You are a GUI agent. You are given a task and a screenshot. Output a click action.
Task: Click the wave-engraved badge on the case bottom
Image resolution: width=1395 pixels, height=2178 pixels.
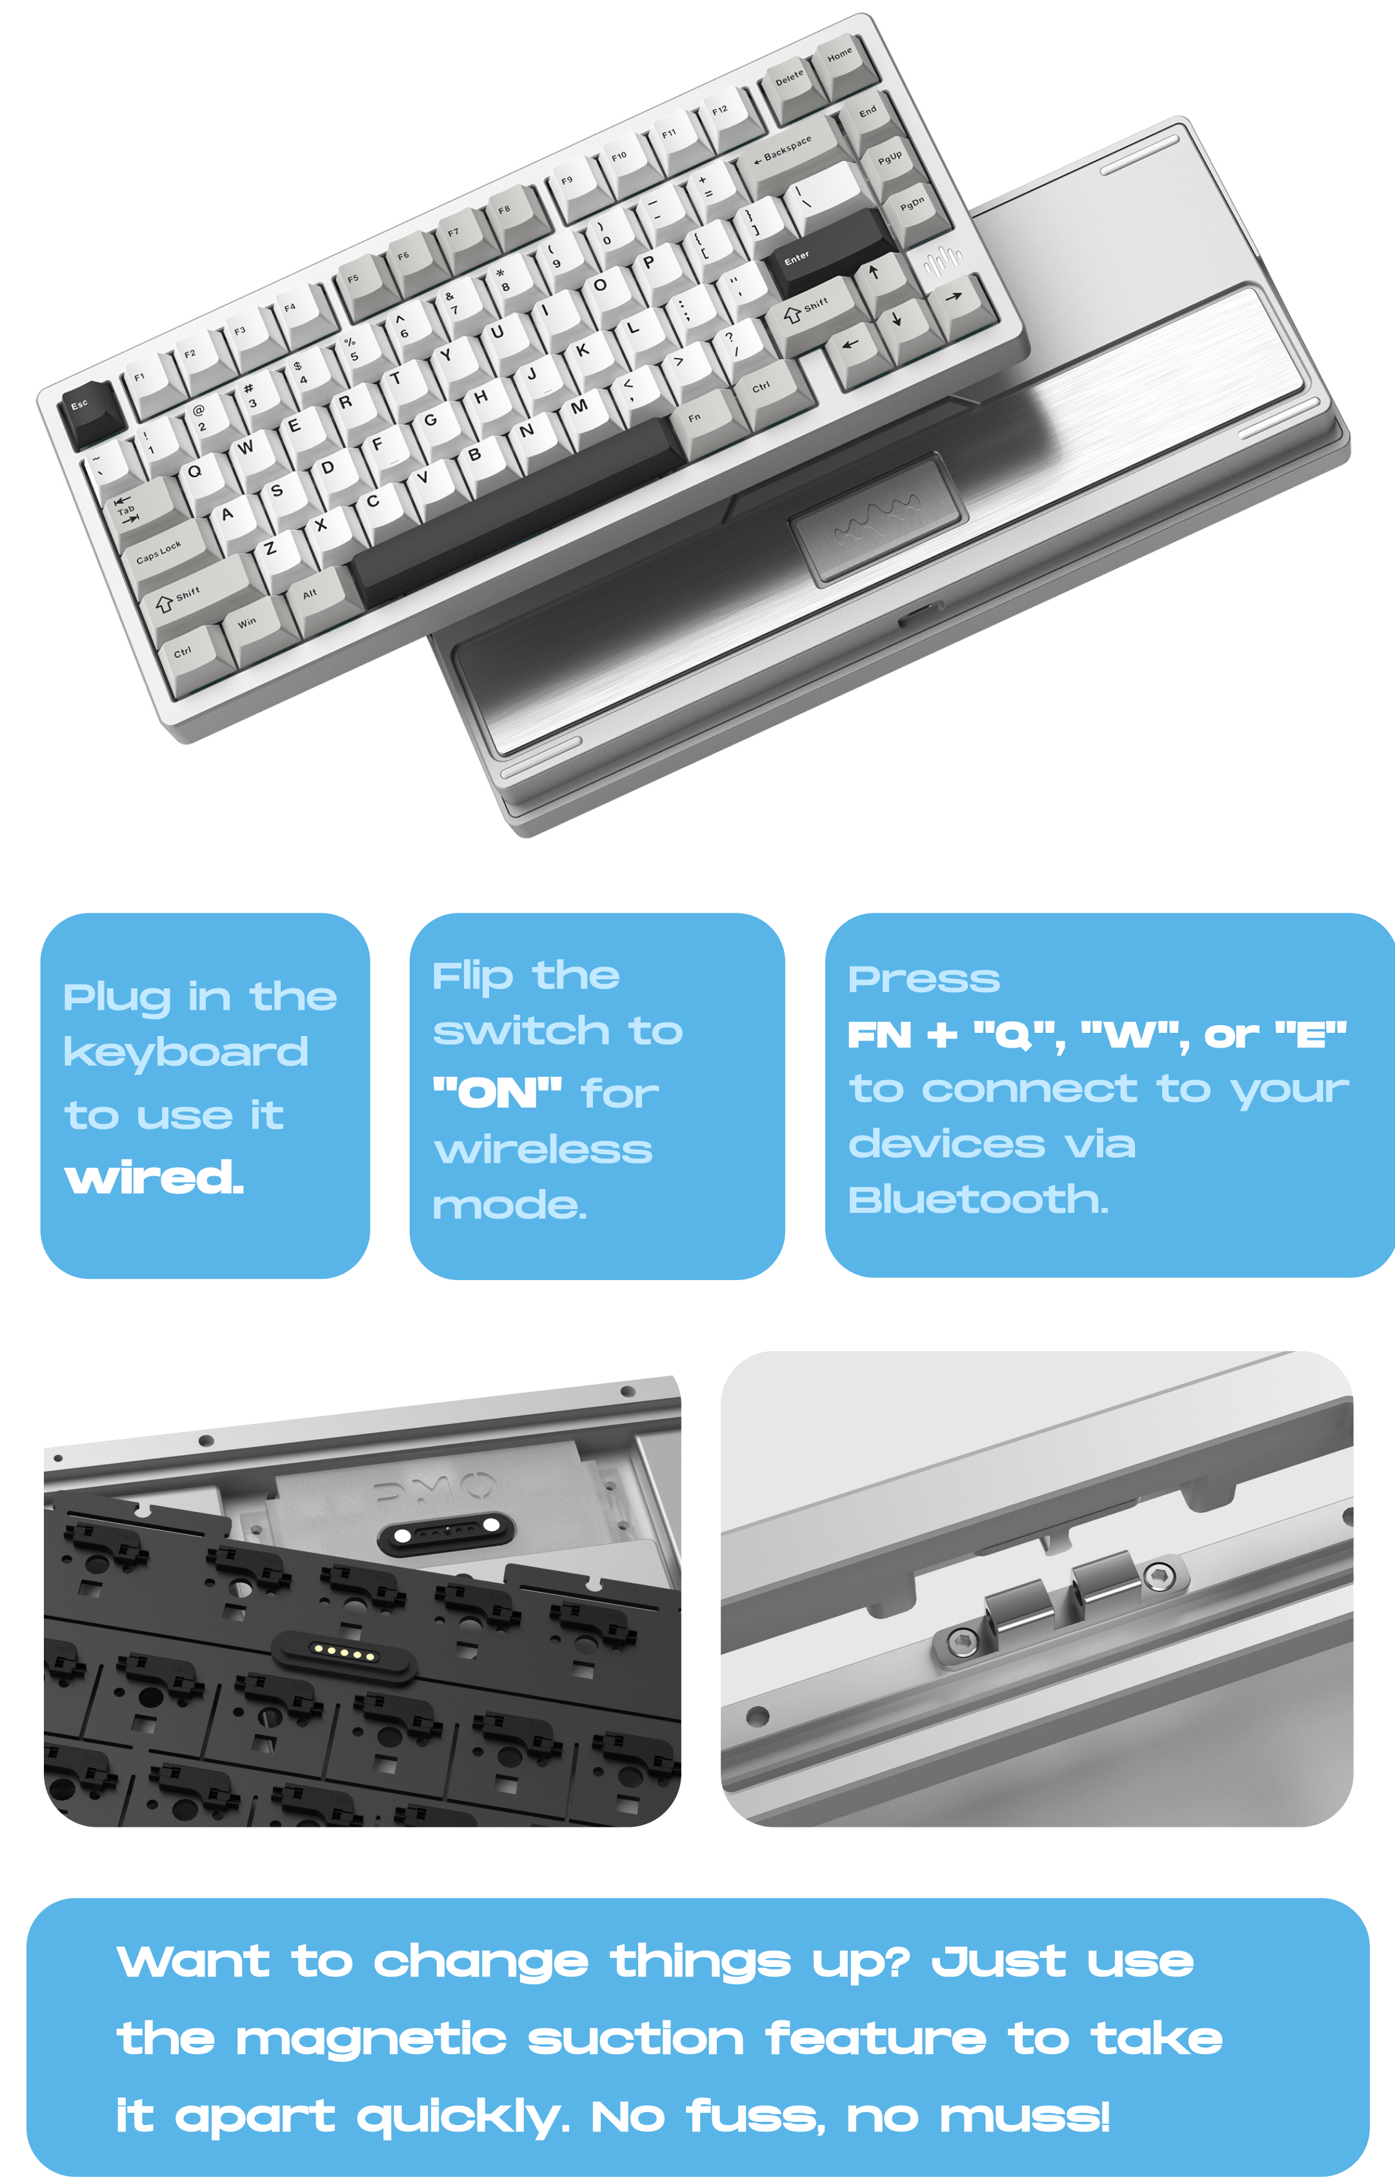(x=877, y=521)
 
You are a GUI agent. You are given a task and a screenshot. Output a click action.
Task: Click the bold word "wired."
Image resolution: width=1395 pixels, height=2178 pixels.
(x=154, y=1178)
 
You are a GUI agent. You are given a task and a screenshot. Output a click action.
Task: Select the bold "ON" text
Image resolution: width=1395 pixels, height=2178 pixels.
(x=497, y=1093)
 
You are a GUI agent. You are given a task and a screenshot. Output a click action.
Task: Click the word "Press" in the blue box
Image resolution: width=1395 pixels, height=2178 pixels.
(x=924, y=979)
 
